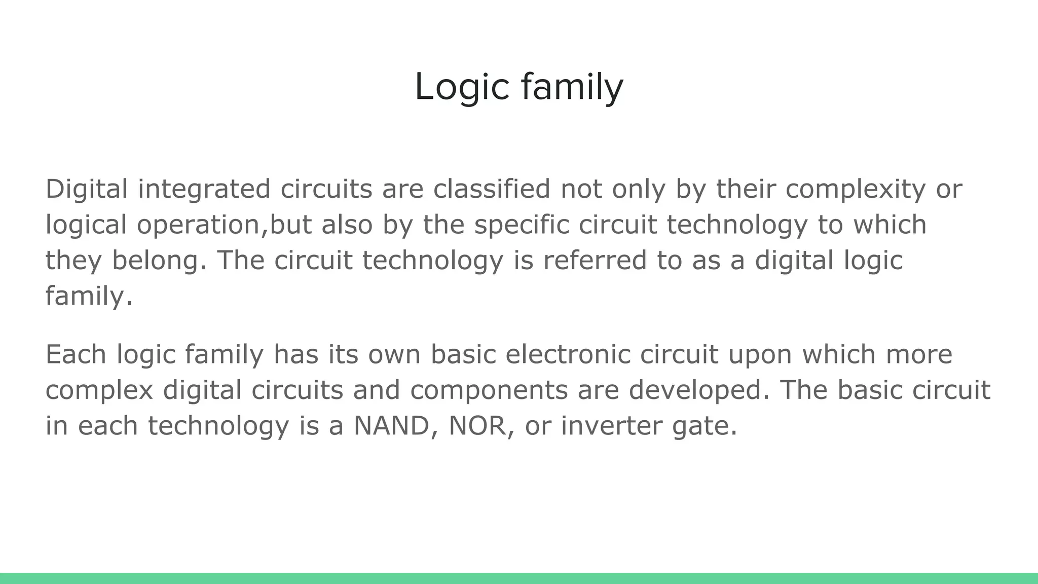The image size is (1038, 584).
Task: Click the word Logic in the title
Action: [461, 87]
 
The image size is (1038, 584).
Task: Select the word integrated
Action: [204, 189]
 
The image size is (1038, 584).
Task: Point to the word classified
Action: [492, 189]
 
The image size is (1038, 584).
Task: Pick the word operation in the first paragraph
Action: [198, 225]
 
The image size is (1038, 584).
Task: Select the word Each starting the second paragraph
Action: [76, 354]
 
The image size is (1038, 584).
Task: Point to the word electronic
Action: [568, 354]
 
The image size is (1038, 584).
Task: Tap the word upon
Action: [760, 355]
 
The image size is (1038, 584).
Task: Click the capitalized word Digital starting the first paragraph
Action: [87, 189]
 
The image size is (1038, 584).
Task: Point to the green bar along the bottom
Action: [519, 578]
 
